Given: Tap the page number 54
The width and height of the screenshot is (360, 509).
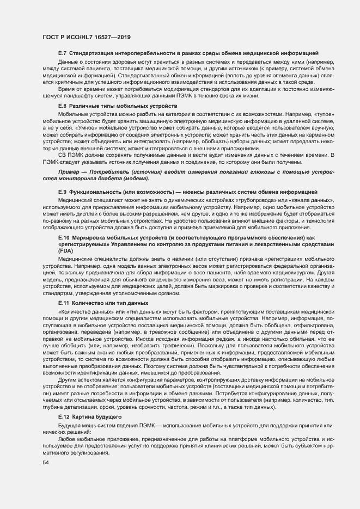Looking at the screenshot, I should (x=46, y=462).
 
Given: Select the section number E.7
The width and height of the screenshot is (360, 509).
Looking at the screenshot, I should (x=62, y=53).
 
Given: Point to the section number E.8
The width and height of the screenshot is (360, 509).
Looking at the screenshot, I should (x=62, y=106).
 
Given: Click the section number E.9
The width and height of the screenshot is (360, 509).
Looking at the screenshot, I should (x=62, y=192).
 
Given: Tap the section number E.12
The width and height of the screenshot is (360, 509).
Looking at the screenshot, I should (x=63, y=416).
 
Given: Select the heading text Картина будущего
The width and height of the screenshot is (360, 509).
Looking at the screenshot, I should (x=92, y=416).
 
